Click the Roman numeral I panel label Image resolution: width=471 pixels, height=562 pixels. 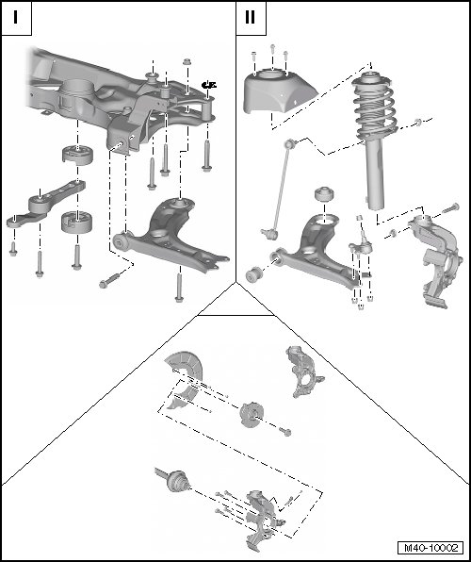15,17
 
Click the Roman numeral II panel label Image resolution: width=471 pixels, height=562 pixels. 250,17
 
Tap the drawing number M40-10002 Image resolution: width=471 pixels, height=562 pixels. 430,548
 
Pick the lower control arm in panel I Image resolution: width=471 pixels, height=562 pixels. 169,237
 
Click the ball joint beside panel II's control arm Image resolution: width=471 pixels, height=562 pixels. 361,244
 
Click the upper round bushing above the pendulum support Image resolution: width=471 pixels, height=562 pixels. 77,155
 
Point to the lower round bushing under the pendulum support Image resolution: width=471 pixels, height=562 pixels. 76,223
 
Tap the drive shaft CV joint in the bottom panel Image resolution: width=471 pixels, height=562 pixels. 178,481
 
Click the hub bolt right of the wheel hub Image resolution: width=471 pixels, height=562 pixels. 285,432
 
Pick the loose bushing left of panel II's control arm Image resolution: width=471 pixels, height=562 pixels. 254,275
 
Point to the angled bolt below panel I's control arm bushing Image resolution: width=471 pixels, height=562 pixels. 109,281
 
